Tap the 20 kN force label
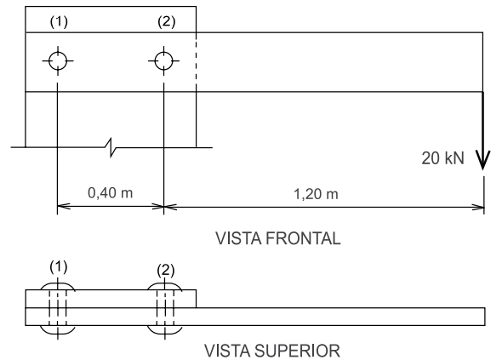point(442,158)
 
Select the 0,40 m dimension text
point(110,193)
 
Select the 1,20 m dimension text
point(316,194)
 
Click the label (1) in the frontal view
point(59,22)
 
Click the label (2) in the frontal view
point(167,22)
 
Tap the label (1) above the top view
point(59,266)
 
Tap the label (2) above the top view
point(166,270)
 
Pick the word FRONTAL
point(303,238)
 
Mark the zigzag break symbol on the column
point(111,147)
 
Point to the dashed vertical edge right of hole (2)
point(196,62)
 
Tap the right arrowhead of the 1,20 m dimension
point(478,207)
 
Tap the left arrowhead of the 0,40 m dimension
point(64,206)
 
